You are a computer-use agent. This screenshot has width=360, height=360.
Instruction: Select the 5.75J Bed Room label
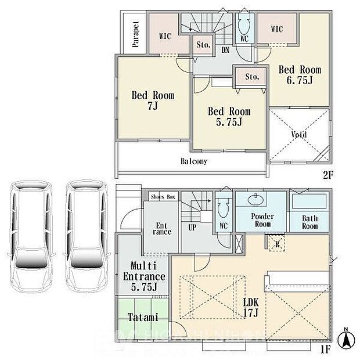coord(229,117)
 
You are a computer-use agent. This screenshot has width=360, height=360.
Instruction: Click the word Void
coord(299,135)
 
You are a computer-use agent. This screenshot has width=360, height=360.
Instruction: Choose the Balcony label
coord(194,161)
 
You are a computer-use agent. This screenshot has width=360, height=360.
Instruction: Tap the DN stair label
coord(225,51)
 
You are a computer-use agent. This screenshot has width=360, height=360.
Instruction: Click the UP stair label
coord(191,227)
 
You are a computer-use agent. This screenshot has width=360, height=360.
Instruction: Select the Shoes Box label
coord(164,197)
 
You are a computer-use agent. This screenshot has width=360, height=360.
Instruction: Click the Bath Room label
coord(309,222)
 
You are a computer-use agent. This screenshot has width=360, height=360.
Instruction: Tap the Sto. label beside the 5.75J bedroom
coord(251,77)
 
